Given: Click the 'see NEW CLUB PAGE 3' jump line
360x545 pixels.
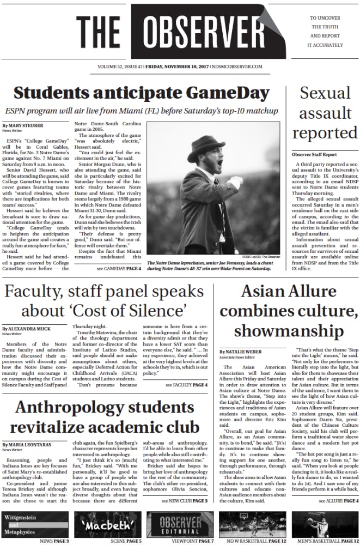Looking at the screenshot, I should point(185,500).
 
